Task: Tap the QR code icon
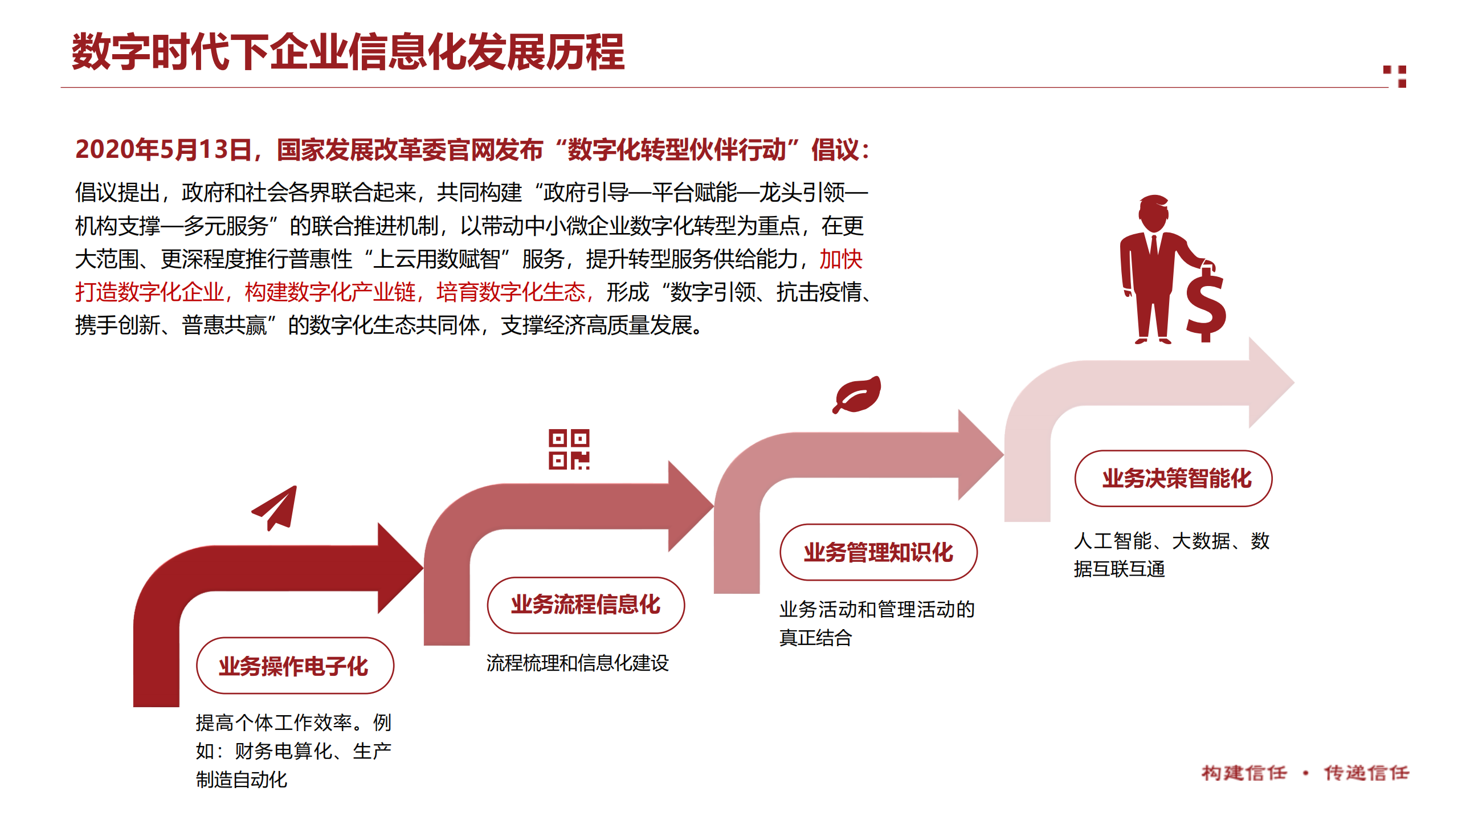tap(569, 449)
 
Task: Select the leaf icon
tap(857, 394)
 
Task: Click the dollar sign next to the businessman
tap(1205, 306)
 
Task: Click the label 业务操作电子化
tap(294, 666)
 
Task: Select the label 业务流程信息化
tap(585, 605)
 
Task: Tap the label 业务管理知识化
tap(878, 552)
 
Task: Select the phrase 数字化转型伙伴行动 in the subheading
tap(677, 149)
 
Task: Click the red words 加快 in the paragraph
tap(840, 259)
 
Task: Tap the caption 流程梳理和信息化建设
tap(577, 663)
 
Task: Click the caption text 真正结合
tap(815, 638)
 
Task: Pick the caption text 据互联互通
tap(1119, 569)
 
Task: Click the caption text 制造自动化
tap(242, 779)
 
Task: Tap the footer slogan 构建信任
tap(1244, 773)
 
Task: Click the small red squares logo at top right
tap(1396, 76)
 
